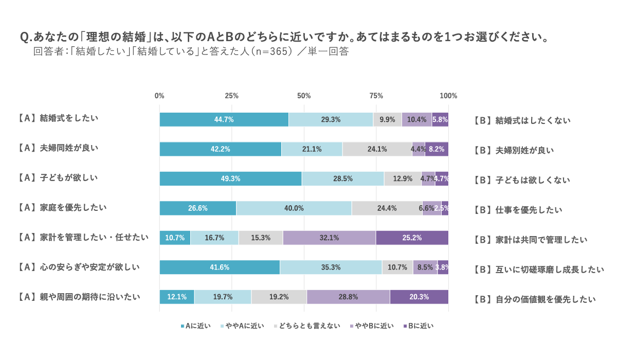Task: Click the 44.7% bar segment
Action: pos(224,119)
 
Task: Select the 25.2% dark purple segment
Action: pos(412,238)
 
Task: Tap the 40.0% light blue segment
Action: pos(294,208)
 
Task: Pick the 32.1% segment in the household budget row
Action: pos(329,238)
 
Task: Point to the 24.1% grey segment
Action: pos(377,149)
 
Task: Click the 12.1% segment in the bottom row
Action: pos(177,297)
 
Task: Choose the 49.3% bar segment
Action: pos(230,178)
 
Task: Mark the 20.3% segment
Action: pos(419,297)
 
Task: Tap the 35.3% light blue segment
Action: pos(331,267)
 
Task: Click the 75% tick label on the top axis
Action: pos(376,96)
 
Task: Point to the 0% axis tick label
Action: pos(159,96)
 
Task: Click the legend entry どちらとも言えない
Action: pos(309,326)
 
